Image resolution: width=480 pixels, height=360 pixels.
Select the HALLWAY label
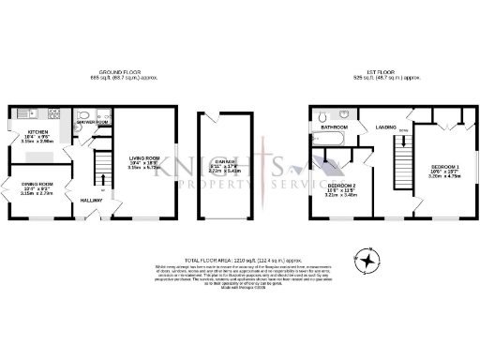tap(92, 201)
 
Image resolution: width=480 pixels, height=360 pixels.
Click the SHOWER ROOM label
tap(93, 123)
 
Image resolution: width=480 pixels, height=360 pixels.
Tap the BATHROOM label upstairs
tap(335, 126)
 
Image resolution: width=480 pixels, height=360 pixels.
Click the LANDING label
tap(384, 126)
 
